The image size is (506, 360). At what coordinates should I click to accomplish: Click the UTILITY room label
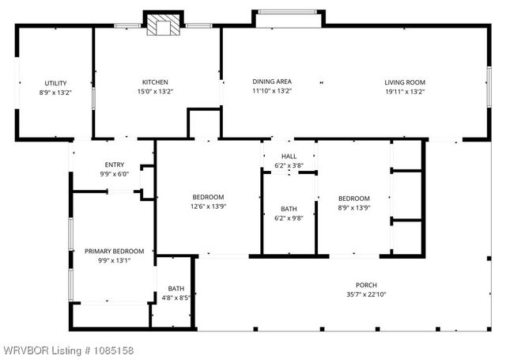point(55,83)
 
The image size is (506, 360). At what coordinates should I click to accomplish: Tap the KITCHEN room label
point(155,82)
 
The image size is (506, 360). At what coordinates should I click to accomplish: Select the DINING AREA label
point(272,81)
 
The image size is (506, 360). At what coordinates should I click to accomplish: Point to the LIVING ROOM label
point(405,82)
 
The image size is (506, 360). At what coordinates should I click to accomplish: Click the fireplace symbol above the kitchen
point(164,25)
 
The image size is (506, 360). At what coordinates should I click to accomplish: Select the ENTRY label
point(114,165)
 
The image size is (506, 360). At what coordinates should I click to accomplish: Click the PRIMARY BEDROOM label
point(114,252)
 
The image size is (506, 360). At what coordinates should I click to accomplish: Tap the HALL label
point(289,157)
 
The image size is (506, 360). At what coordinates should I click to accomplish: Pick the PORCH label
point(365,285)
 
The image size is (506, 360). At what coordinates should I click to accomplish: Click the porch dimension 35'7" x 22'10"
point(365,294)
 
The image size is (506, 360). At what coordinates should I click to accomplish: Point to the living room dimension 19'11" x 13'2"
point(405,92)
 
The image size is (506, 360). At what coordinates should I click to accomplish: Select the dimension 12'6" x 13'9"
point(208,207)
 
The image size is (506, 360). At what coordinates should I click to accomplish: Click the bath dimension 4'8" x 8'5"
point(176,298)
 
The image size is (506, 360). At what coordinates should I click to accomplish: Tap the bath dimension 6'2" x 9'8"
point(289,218)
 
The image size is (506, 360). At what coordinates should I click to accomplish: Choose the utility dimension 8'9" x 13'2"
point(55,93)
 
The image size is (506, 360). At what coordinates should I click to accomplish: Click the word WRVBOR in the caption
point(25,351)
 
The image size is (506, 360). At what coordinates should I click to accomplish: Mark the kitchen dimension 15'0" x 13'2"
point(155,92)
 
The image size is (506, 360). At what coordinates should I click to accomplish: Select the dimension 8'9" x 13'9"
point(353,207)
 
